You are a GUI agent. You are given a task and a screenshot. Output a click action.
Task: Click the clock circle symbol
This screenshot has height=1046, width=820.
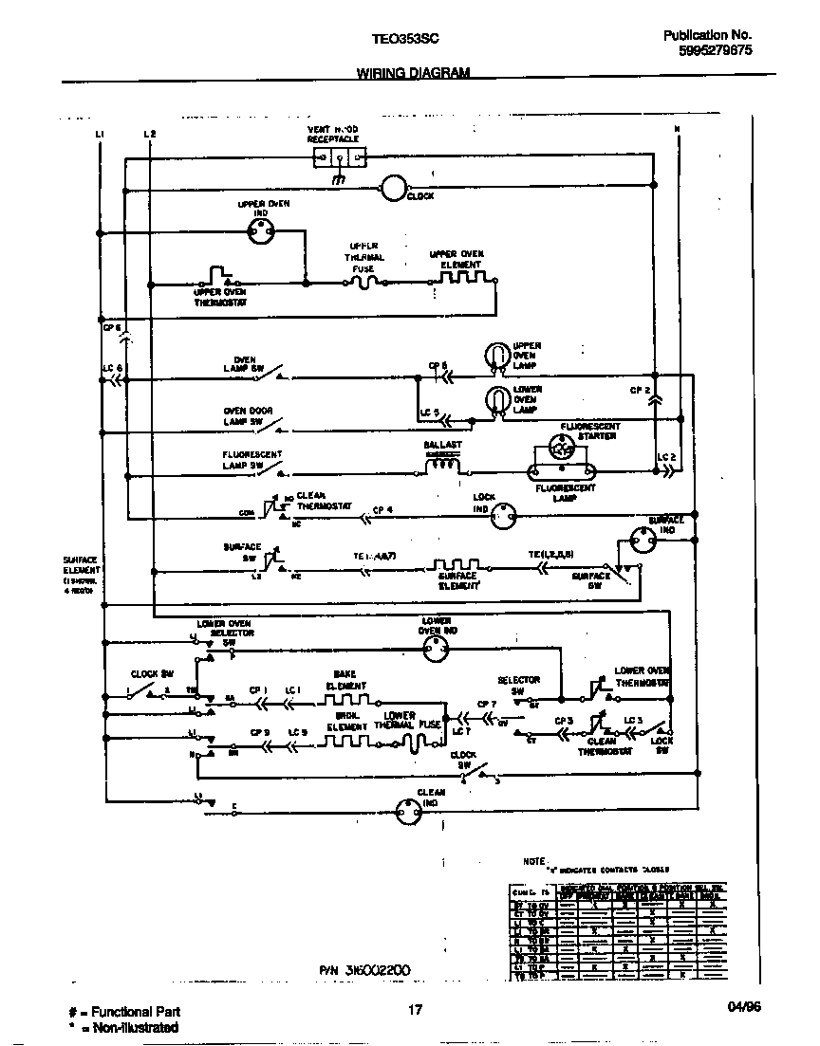click(x=393, y=189)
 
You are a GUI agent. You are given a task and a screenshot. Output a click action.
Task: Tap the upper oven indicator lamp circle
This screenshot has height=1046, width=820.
click(x=259, y=229)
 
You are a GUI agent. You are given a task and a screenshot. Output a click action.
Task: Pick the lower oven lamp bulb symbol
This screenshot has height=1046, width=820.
click(x=495, y=400)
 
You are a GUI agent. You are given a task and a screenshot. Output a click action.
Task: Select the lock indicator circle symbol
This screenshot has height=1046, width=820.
click(x=505, y=513)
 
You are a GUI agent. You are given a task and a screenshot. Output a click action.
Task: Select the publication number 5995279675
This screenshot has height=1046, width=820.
click(x=716, y=52)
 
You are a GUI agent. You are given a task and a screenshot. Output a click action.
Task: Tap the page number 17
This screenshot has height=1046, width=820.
click(x=415, y=1009)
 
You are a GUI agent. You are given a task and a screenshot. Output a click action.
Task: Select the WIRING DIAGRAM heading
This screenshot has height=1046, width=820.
click(x=412, y=73)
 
